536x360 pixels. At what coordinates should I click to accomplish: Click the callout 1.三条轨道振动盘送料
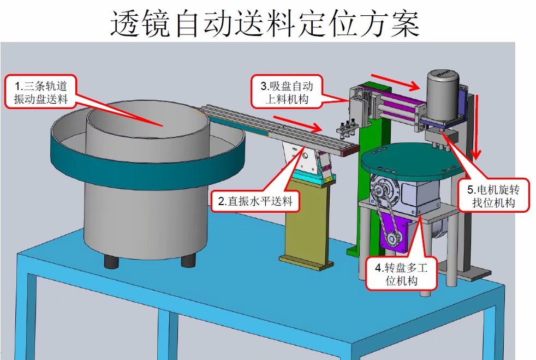coord(41,92)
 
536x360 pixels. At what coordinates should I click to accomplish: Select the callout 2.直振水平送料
coord(255,201)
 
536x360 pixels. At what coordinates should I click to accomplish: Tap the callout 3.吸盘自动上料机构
coord(287,92)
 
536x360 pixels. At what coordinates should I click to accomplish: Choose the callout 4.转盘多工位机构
coord(401,274)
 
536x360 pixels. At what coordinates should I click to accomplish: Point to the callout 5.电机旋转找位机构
coord(493,195)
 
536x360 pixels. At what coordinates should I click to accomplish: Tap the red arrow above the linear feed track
coord(298,124)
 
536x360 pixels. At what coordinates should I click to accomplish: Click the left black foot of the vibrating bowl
coord(111,261)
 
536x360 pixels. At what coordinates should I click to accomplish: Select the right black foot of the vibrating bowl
coord(188,261)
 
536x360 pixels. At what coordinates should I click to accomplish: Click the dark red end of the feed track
coord(351,151)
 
